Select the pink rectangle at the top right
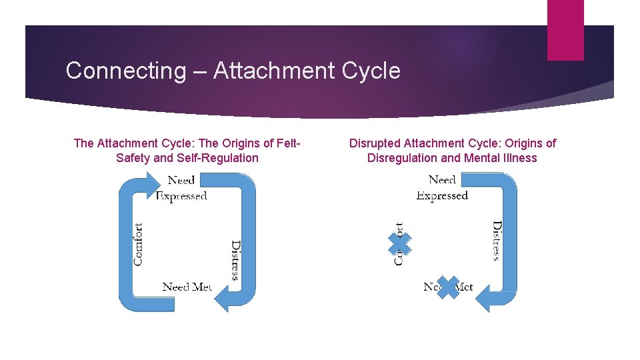[565, 30]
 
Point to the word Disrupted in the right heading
[376, 143]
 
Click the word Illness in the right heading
[515, 158]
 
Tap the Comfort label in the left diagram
[138, 243]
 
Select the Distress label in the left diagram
[235, 260]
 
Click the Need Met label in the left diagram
[187, 287]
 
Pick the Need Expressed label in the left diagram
[181, 187]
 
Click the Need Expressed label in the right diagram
[442, 187]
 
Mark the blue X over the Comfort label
[399, 243]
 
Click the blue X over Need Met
[448, 287]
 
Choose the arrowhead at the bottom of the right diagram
[485, 298]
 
